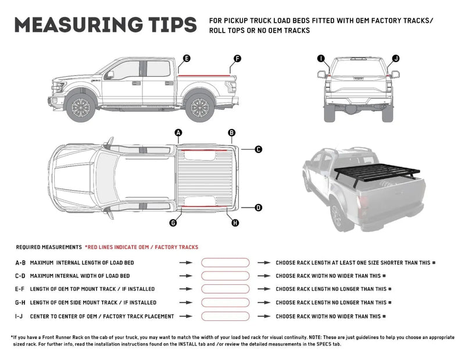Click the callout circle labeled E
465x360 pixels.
pyautogui.click(x=187, y=58)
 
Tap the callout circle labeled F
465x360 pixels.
pyautogui.click(x=237, y=58)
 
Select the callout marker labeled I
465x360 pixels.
pyautogui.click(x=320, y=58)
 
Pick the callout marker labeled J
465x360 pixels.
pyautogui.click(x=396, y=58)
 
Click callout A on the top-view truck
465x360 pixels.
pyautogui.click(x=178, y=133)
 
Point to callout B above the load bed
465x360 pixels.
pyautogui.click(x=232, y=133)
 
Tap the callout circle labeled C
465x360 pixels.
pyautogui.click(x=259, y=149)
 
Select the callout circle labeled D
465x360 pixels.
pyautogui.click(x=259, y=207)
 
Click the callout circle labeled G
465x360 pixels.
pyautogui.click(x=173, y=223)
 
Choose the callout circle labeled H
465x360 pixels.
pyautogui.click(x=235, y=223)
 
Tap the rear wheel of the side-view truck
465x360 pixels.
pyautogui.click(x=199, y=108)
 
